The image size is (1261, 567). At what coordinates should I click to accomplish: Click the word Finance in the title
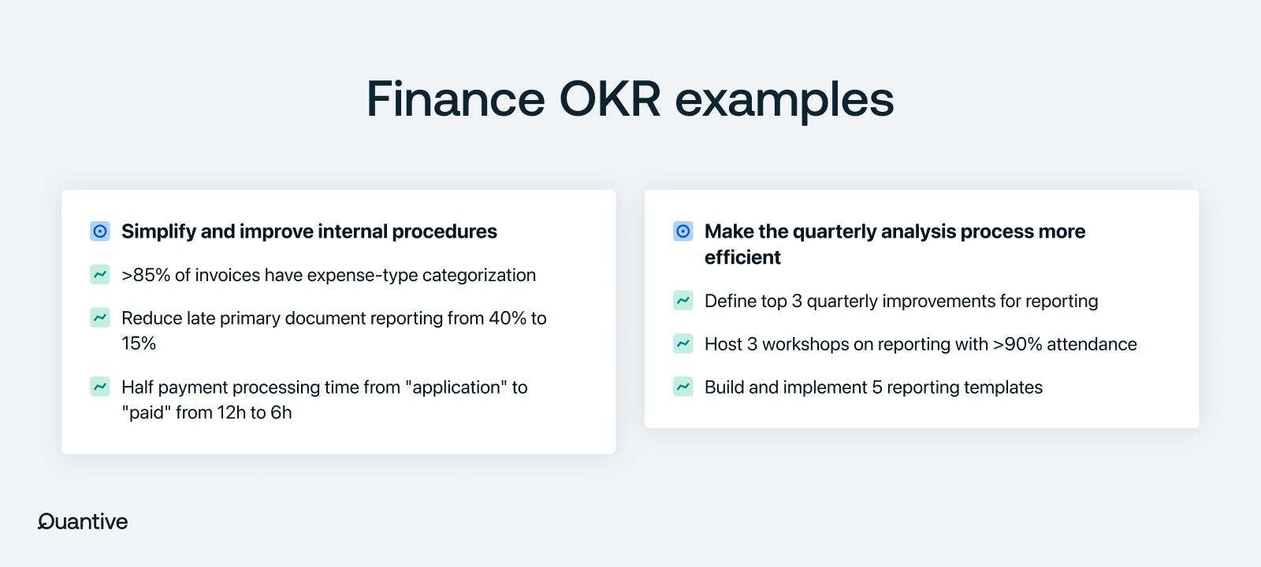point(456,99)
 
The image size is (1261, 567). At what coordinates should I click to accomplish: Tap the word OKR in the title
point(610,99)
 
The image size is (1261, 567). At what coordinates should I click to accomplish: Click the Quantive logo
point(83,521)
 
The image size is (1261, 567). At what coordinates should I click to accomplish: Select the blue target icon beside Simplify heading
point(100,232)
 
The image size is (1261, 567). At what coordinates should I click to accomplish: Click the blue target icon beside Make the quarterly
point(683,232)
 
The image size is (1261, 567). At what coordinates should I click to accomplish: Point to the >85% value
point(146,275)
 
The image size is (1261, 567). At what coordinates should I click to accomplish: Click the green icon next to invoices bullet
point(100,275)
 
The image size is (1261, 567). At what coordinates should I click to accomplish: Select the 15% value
point(139,343)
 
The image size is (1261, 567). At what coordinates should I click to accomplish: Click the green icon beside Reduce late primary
point(100,318)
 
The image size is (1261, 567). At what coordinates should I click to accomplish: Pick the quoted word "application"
point(456,387)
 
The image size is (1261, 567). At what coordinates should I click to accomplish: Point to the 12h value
point(231,413)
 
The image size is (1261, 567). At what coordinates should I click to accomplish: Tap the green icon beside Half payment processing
point(100,387)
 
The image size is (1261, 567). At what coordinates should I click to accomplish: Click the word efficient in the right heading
point(742,257)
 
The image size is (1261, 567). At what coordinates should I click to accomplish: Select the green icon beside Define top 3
point(683,300)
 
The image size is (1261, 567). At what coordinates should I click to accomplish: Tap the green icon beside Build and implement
point(683,387)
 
